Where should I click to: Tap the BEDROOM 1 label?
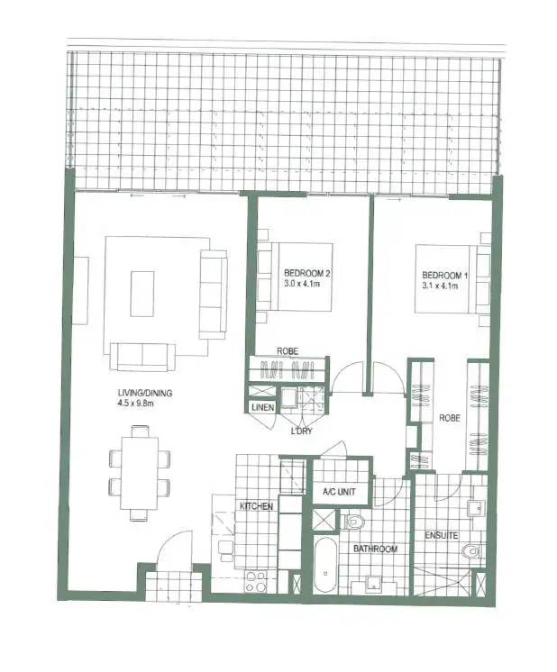tap(443, 274)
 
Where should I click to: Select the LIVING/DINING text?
tap(146, 393)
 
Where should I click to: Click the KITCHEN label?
tap(256, 507)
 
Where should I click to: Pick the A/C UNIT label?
tap(341, 493)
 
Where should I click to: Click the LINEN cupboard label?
tap(263, 408)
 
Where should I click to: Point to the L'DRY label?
tap(302, 431)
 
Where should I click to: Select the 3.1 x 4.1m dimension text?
tap(441, 286)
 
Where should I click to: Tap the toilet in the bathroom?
tap(353, 521)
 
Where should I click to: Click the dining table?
tap(139, 472)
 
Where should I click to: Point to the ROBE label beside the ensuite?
tap(449, 418)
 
